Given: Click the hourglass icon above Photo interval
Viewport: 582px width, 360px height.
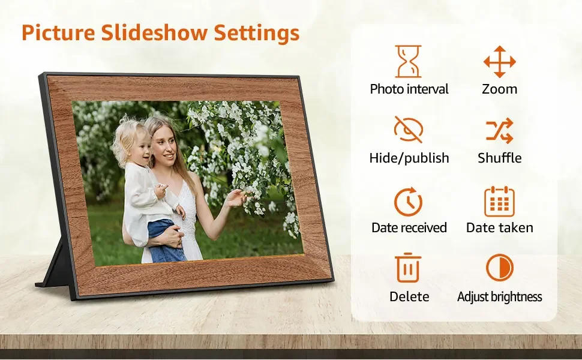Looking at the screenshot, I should (x=409, y=61).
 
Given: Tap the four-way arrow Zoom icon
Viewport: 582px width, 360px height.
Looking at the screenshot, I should (x=499, y=61).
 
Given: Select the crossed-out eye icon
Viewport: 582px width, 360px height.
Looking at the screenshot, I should (x=409, y=130).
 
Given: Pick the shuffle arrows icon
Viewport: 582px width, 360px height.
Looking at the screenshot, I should (x=499, y=130).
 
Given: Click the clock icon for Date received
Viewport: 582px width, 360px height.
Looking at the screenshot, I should (x=409, y=201).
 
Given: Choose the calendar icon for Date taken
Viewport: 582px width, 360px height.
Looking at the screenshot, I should (x=499, y=201).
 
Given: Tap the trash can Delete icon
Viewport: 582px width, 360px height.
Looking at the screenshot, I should (x=409, y=268).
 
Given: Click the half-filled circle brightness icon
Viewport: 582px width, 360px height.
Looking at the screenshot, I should (x=499, y=268).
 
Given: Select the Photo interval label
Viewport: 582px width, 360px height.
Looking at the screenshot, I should (x=409, y=89).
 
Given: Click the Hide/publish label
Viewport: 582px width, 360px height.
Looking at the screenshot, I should (x=409, y=158).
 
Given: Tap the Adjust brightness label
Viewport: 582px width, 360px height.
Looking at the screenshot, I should (x=499, y=297).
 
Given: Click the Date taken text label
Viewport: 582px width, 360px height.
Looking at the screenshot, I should (x=499, y=228).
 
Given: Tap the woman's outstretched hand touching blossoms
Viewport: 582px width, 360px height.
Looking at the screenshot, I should (x=236, y=197).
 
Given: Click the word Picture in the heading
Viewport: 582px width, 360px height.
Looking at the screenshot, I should (x=58, y=33).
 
